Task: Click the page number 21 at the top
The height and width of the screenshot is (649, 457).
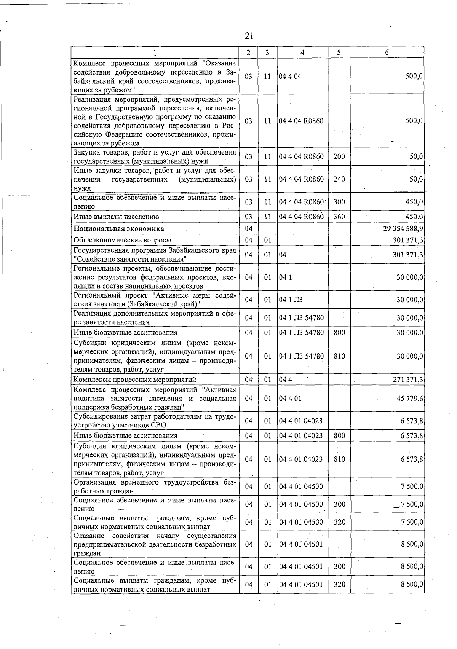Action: [x=249, y=36]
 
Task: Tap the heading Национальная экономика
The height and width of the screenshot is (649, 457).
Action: [x=118, y=228]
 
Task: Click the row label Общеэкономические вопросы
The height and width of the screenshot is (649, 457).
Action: [x=122, y=240]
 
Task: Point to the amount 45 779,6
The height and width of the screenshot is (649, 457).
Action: [x=410, y=399]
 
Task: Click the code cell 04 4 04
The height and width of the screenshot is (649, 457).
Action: [x=290, y=76]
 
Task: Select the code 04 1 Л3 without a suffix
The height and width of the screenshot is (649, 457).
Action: [x=291, y=300]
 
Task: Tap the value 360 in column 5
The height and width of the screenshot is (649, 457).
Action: [x=339, y=217]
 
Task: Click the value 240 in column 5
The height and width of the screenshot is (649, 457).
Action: [x=339, y=179]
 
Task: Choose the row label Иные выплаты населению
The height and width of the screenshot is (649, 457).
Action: [x=116, y=217]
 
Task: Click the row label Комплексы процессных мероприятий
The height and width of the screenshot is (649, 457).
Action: [x=134, y=380]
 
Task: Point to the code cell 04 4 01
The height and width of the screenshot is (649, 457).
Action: [x=290, y=399]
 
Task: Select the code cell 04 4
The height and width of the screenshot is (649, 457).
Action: [x=285, y=380]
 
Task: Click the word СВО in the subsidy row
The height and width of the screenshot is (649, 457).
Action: [x=158, y=425]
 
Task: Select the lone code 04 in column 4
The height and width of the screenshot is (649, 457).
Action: [x=283, y=255]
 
